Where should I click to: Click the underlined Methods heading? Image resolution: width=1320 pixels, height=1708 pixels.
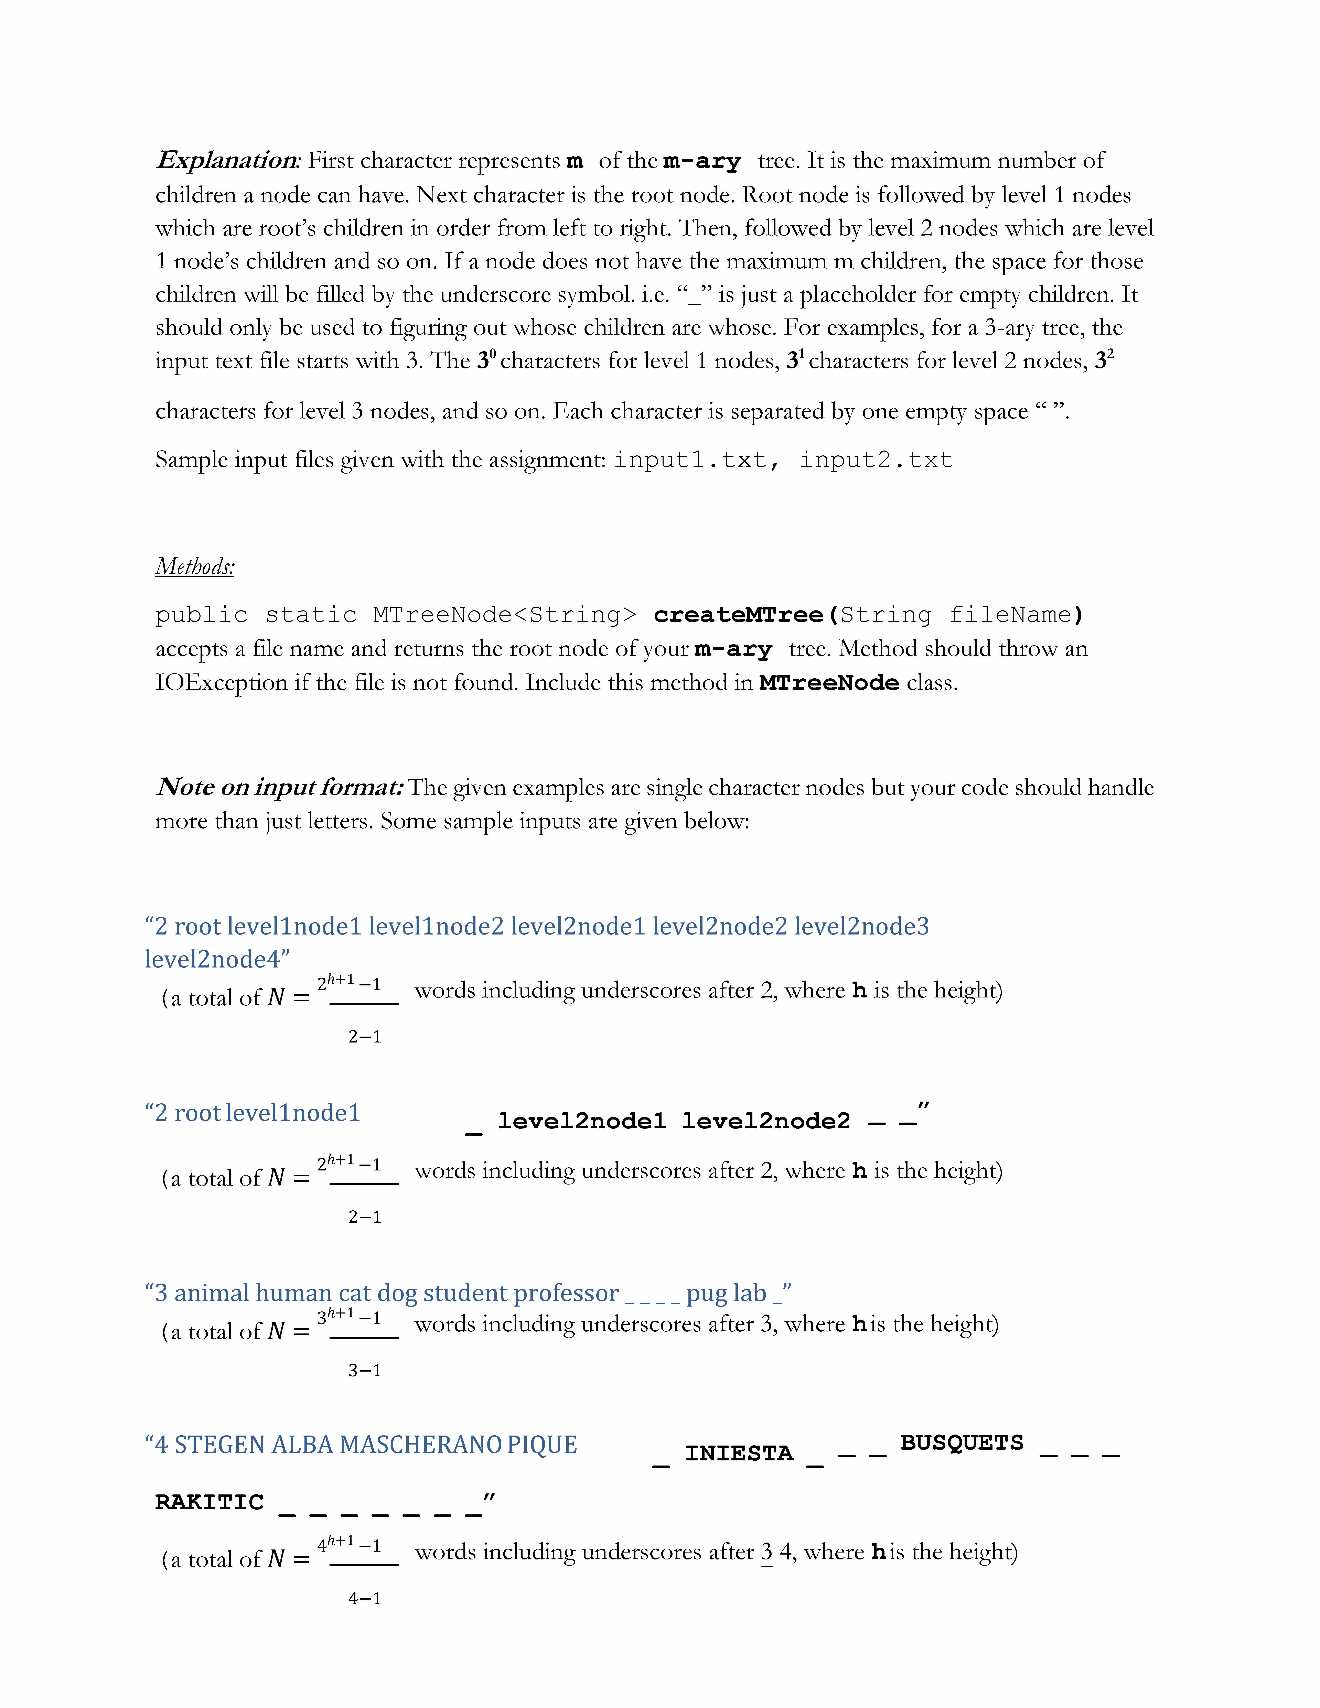click(195, 566)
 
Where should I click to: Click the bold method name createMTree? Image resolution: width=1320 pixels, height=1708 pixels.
click(738, 615)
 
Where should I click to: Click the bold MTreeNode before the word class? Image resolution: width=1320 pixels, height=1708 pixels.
click(829, 683)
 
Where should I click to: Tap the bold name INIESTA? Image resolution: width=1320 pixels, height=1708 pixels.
click(739, 1454)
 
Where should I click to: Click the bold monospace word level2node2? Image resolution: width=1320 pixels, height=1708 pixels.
click(766, 1122)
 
